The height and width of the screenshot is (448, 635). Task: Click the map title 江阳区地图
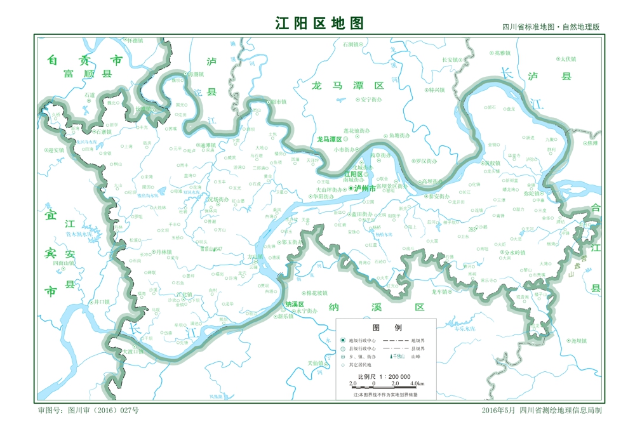click(x=319, y=23)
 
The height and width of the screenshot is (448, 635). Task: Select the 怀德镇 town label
click(x=136, y=40)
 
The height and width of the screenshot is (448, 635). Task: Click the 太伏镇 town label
click(x=568, y=59)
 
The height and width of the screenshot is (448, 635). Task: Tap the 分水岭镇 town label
click(x=513, y=252)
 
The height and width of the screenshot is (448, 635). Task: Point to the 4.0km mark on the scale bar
click(x=417, y=384)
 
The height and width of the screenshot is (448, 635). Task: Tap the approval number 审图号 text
click(x=88, y=411)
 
